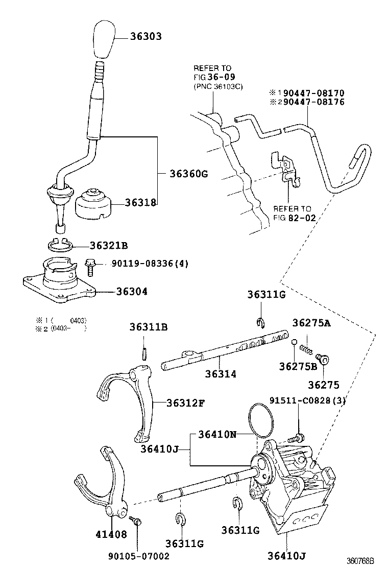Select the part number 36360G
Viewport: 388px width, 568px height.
coord(188,174)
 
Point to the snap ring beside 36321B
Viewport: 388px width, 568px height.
coord(61,244)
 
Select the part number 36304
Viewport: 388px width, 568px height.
coord(132,292)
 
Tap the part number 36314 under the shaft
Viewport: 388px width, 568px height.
coord(221,373)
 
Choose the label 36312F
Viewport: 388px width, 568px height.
coord(186,403)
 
